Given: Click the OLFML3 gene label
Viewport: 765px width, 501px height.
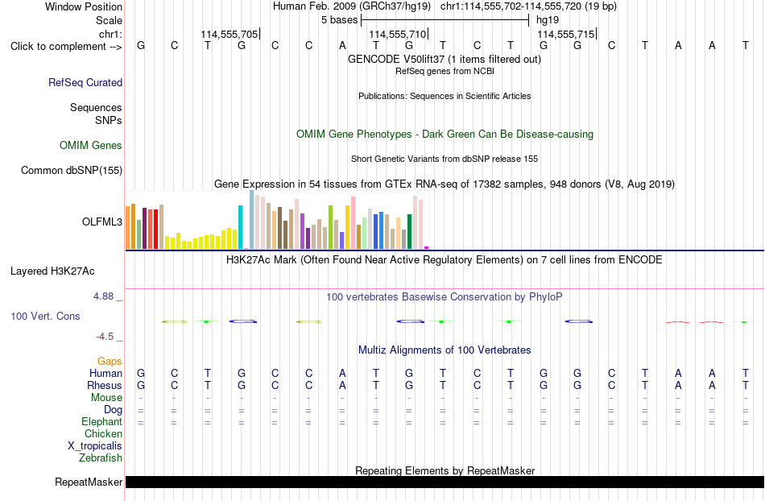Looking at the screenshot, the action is (x=102, y=222).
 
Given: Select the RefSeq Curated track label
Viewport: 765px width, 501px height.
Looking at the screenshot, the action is (x=85, y=82).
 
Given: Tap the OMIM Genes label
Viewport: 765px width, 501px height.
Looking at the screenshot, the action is (x=91, y=145).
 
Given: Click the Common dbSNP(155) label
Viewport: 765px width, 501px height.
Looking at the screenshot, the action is (x=72, y=170).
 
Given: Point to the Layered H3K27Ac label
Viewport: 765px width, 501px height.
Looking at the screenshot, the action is (x=52, y=271).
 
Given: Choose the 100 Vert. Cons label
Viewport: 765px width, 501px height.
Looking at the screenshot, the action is (x=45, y=316).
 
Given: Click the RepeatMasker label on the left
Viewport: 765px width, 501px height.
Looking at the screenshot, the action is (x=89, y=482).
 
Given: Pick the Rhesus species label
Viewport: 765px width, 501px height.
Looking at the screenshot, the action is (x=105, y=385).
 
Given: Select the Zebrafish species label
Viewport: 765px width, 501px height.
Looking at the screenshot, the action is (x=101, y=458).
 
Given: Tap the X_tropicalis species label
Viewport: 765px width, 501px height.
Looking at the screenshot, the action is (x=95, y=446).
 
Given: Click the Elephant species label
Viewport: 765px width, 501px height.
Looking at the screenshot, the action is (x=102, y=422).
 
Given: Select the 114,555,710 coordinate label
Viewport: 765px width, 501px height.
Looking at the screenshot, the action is (x=398, y=34).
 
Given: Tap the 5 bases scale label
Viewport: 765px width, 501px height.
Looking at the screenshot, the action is (x=340, y=20).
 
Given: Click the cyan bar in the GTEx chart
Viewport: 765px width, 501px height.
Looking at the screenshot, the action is (x=240, y=227).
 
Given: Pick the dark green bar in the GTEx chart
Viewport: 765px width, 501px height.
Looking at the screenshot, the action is (x=409, y=232).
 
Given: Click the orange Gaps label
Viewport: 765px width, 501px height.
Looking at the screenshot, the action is (x=110, y=362).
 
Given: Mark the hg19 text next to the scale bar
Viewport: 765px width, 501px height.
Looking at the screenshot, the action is (x=548, y=20).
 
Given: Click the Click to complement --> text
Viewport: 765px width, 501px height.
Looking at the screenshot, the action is (x=66, y=47).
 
